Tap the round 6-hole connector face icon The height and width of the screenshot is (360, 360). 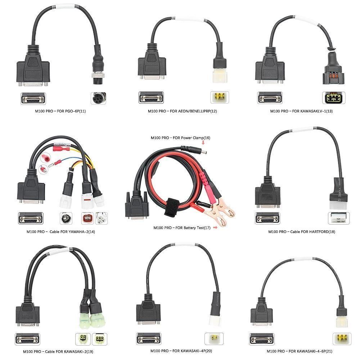[x=99, y=98]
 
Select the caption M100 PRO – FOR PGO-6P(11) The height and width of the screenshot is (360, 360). [x=60, y=111]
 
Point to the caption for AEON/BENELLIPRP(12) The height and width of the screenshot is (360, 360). [x=182, y=111]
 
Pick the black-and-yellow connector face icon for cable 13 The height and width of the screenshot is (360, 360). [x=334, y=98]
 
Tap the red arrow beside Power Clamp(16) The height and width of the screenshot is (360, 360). [x=203, y=142]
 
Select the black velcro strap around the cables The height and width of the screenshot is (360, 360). [x=172, y=207]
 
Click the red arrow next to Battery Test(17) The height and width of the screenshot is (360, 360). [x=215, y=228]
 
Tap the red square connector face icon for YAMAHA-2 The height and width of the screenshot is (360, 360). [x=87, y=218]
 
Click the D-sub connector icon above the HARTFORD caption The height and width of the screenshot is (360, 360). [x=267, y=218]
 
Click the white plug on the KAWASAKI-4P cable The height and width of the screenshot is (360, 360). [x=215, y=320]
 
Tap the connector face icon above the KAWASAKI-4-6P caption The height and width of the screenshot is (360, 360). [x=342, y=339]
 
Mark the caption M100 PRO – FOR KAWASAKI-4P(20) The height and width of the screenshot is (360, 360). [x=181, y=351]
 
